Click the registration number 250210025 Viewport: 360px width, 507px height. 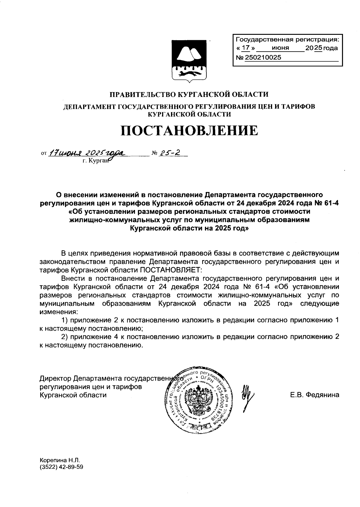click(263, 58)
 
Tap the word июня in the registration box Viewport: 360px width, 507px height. click(280, 48)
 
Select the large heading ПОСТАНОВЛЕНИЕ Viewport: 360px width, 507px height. click(189, 131)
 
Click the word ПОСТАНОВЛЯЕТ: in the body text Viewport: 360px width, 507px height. click(169, 269)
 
